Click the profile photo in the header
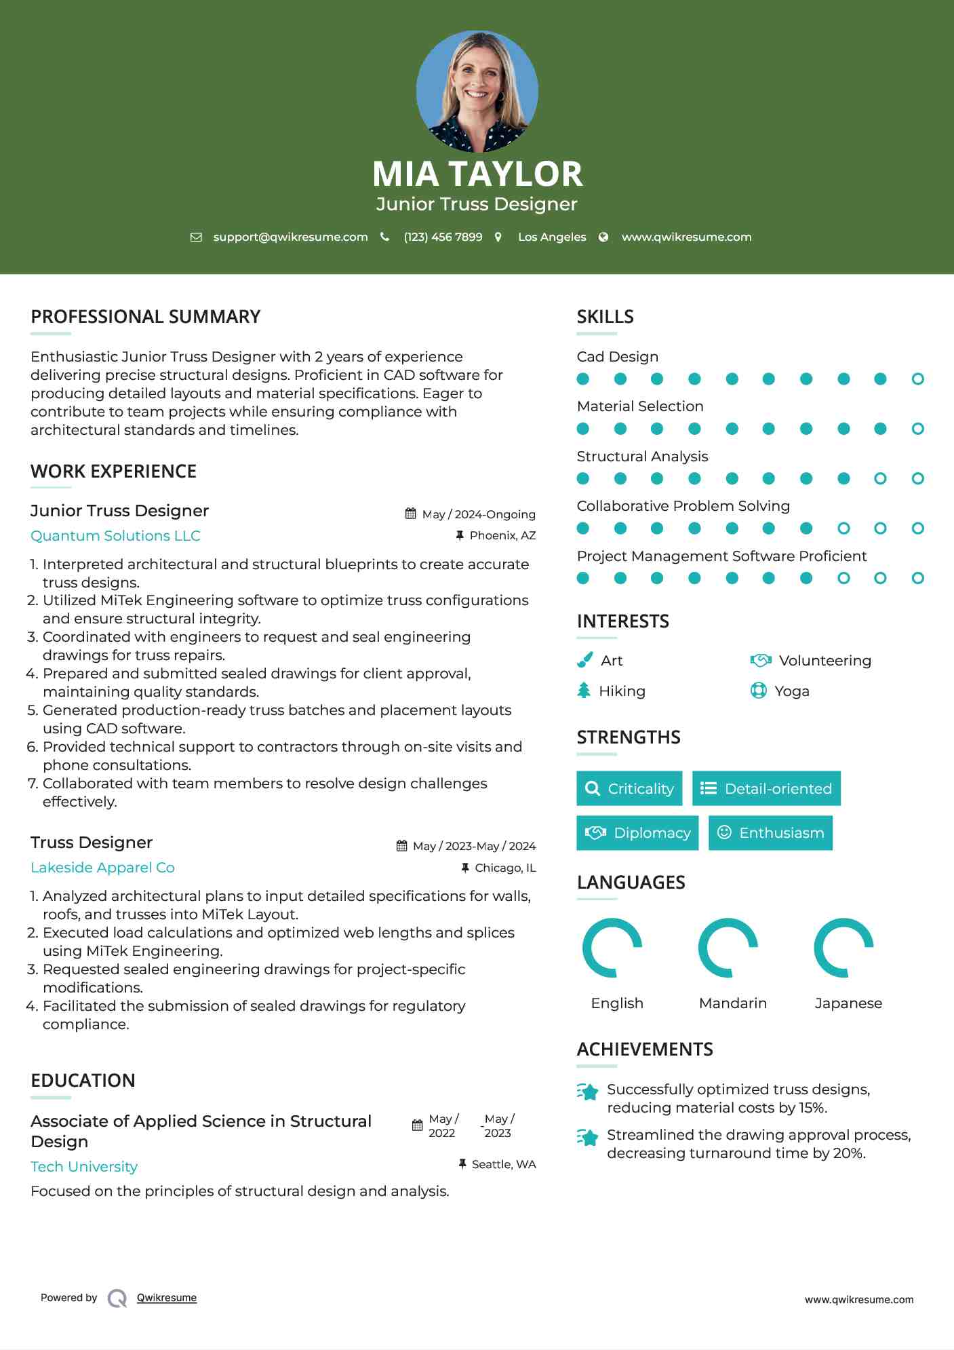pyautogui.click(x=477, y=91)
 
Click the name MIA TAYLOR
pyautogui.click(x=477, y=174)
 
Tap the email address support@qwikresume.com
pyautogui.click(x=290, y=237)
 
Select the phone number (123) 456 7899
pyautogui.click(x=443, y=237)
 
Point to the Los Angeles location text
pyautogui.click(x=552, y=237)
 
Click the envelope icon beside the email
pyautogui.click(x=196, y=237)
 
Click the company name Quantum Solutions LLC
pyautogui.click(x=115, y=536)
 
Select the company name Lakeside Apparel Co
pyautogui.click(x=102, y=868)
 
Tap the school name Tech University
pyautogui.click(x=84, y=1167)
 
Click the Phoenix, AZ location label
pyautogui.click(x=502, y=535)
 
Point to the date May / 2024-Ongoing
pyautogui.click(x=479, y=514)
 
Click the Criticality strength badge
pyautogui.click(x=629, y=788)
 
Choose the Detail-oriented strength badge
pyautogui.click(x=766, y=788)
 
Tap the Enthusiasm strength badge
pyautogui.click(x=770, y=832)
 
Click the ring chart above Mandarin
pyautogui.click(x=728, y=948)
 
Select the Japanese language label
pyautogui.click(x=848, y=1003)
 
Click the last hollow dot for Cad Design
pyautogui.click(x=917, y=379)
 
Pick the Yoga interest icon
pyautogui.click(x=758, y=691)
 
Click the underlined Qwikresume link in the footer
pyautogui.click(x=167, y=1298)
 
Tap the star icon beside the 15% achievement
pyautogui.click(x=588, y=1092)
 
